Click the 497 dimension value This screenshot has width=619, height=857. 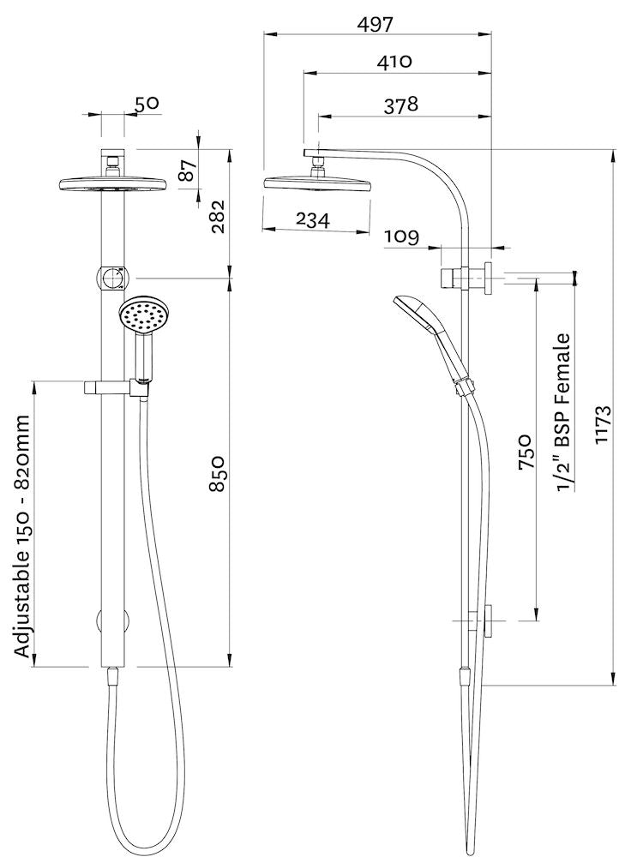375,24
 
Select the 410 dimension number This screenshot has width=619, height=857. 394,61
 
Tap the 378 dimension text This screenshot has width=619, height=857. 401,105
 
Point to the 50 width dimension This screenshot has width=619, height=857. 147,104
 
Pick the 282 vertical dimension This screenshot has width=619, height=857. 217,217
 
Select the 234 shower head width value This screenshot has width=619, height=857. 313,219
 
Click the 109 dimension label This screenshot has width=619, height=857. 401,237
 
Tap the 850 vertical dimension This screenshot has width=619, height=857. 217,474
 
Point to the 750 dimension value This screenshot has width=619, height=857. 525,452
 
